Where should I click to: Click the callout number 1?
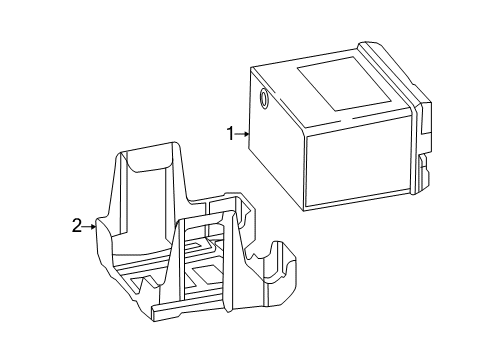tap(231, 134)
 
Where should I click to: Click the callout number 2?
tap(77, 226)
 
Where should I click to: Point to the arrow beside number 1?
tap(243, 134)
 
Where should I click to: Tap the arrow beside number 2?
tap(90, 227)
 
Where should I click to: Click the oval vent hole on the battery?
tap(264, 98)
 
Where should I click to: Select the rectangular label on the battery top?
tap(344, 84)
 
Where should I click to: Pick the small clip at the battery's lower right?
tap(423, 171)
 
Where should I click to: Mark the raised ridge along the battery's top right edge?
tap(390, 72)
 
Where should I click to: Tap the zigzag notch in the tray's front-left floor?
tap(146, 283)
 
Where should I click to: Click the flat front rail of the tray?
tap(187, 307)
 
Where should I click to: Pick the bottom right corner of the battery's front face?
tap(411, 189)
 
